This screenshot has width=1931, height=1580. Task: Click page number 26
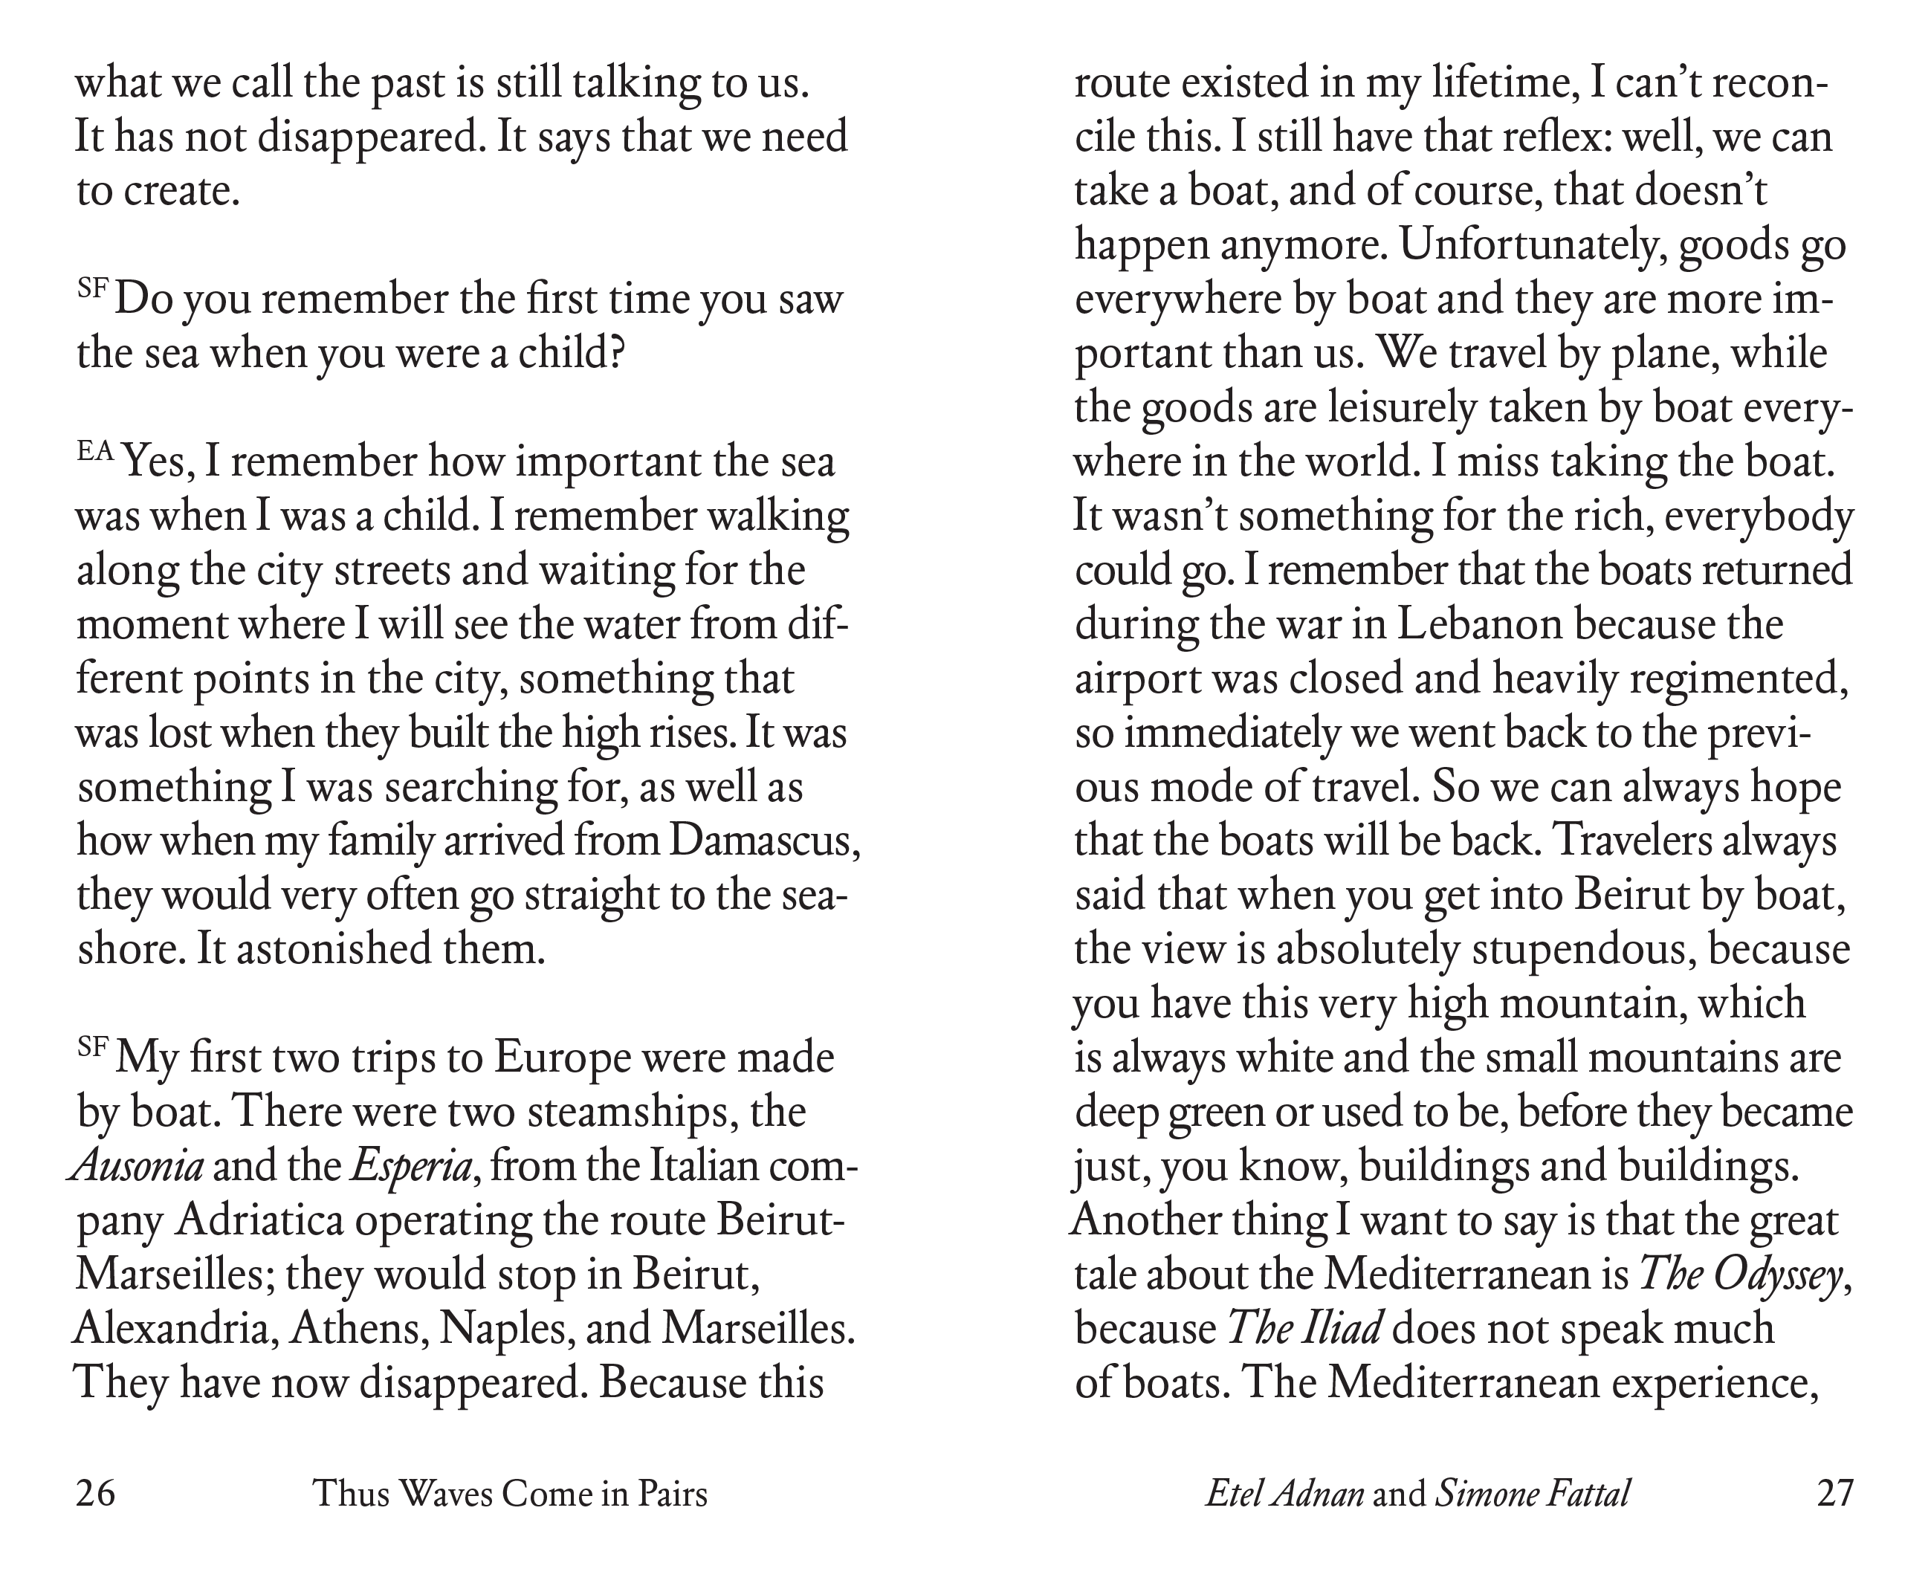point(96,1495)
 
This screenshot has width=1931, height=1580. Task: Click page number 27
point(1834,1495)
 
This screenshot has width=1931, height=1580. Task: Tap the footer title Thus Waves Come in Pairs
point(510,1495)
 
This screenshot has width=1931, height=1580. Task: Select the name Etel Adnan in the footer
point(1284,1495)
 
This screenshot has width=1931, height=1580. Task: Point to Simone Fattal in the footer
point(1532,1495)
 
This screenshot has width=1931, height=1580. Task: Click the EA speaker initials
point(96,451)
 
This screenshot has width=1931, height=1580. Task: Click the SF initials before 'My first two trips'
point(93,1046)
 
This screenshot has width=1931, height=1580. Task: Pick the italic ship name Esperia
point(411,1168)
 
